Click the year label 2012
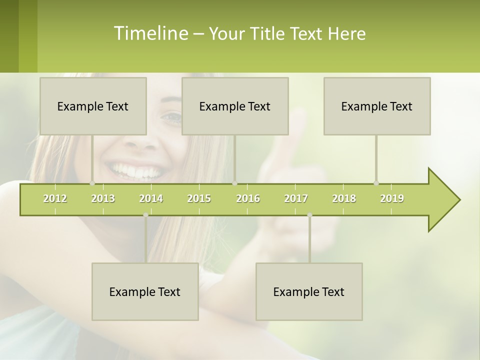55,198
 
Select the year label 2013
103,198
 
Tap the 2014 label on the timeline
151,198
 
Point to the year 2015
199,198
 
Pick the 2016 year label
248,198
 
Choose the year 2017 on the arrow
296,198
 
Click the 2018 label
344,198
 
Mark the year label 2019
392,198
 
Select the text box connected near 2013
93,106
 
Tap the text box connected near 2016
235,106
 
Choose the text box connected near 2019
377,106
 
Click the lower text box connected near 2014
145,291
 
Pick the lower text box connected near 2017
309,291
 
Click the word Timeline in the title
150,33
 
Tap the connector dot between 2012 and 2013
92,183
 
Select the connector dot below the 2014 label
145,215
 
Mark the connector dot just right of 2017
309,215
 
